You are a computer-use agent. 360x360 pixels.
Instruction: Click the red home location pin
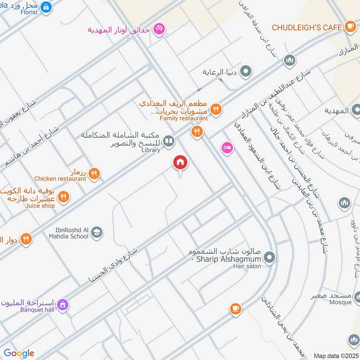point(180,163)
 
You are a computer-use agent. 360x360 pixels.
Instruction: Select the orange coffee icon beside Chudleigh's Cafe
point(350,27)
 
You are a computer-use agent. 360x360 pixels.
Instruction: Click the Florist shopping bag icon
point(45,7)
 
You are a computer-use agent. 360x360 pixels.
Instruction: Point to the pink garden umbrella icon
point(158,30)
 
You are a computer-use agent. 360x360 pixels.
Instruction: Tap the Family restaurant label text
point(184,118)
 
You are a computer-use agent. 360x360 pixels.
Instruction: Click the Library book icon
point(169,142)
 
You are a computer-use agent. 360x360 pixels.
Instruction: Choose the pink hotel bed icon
point(227,148)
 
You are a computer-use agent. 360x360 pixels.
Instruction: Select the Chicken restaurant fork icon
point(94,173)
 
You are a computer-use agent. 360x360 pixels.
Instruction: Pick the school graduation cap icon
point(96,233)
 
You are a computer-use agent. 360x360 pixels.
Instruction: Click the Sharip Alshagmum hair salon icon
point(269,257)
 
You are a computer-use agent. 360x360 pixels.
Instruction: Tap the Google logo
point(19,353)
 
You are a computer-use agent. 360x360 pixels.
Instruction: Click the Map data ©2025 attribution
point(335,355)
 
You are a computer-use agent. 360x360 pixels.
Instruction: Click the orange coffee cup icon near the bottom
point(235,308)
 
